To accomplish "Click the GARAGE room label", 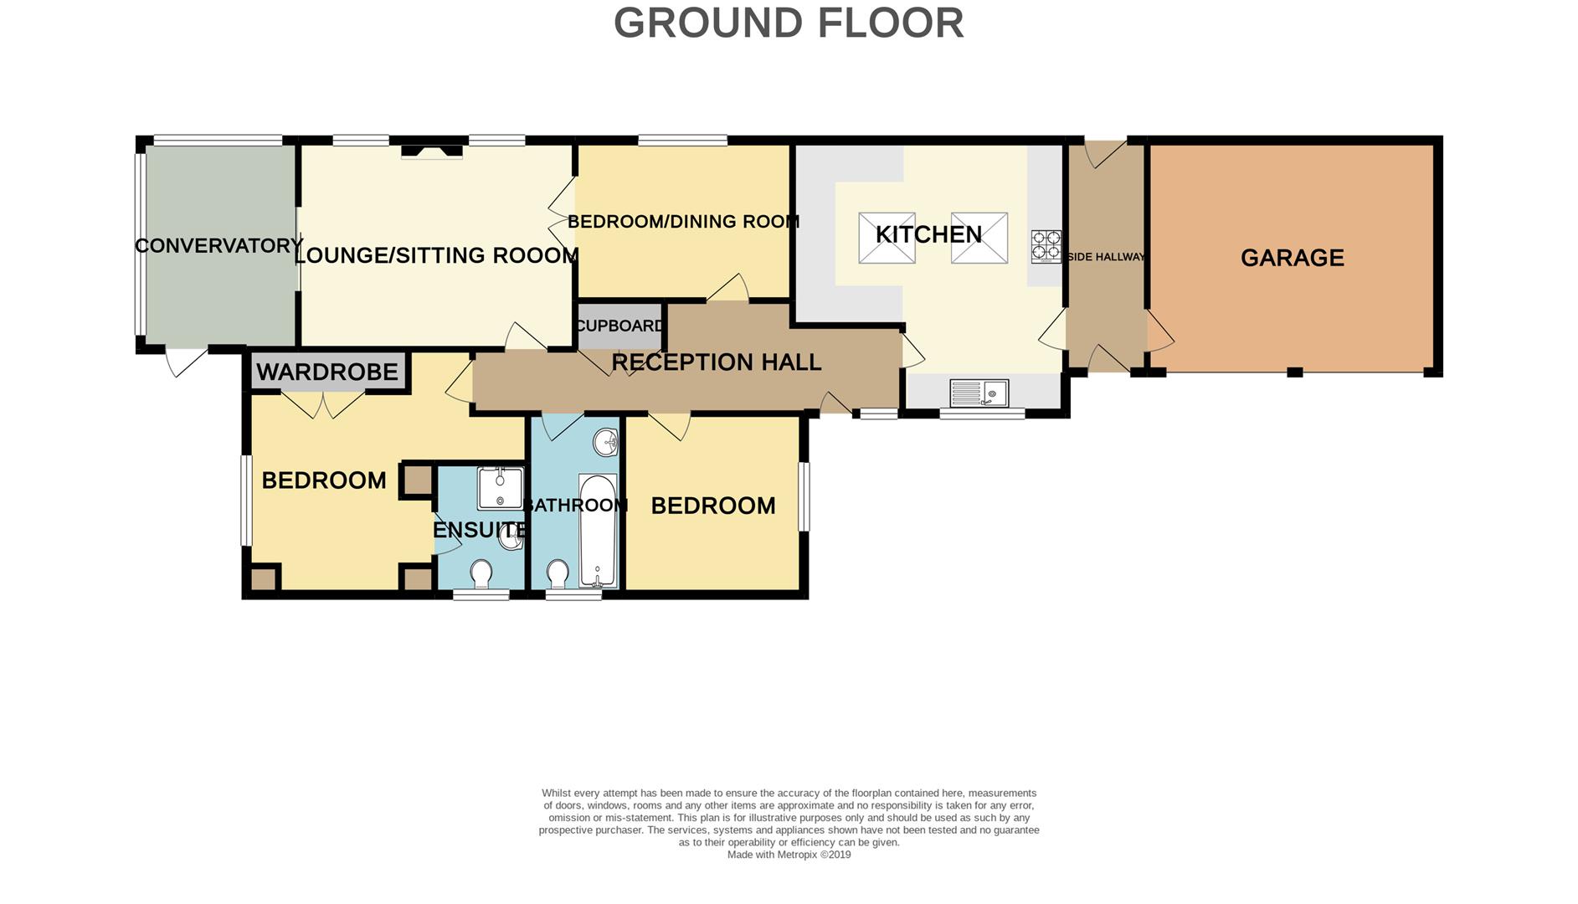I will pos(1292,258).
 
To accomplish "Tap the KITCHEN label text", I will pos(928,234).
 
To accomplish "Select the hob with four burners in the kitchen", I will pos(1046,246).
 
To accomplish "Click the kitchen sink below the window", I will pos(979,393).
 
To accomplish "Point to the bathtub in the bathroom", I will pos(598,531).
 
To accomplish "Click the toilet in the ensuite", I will pos(481,574).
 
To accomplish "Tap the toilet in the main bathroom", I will pos(558,574).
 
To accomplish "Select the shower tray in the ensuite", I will pos(500,489).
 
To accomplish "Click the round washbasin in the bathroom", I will pos(605,441).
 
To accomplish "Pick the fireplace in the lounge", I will pos(431,152).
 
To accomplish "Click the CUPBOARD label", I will pos(620,326).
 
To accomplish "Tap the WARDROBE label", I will pos(327,372).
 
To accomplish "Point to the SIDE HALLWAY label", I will pos(1105,257).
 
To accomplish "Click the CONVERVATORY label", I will pos(218,246).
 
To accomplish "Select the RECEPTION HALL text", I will pos(716,362).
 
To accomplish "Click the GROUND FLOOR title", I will pos(789,23).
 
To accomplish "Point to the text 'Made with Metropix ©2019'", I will pos(789,855).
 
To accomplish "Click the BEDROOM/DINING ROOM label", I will pos(683,222).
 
